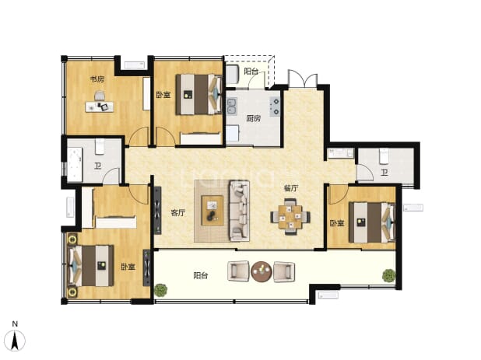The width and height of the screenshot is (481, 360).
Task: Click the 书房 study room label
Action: (x=97, y=79)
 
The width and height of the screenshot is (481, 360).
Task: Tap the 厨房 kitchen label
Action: (x=254, y=118)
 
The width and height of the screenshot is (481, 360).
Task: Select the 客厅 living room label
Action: (x=178, y=212)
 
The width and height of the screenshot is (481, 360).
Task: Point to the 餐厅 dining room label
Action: (x=291, y=188)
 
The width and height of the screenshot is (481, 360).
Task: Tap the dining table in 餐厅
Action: (x=290, y=217)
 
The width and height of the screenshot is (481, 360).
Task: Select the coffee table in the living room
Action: (x=212, y=211)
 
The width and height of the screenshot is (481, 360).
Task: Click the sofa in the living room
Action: (x=239, y=211)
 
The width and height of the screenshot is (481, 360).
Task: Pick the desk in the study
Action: (x=100, y=107)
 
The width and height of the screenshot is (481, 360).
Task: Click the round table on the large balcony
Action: (x=261, y=271)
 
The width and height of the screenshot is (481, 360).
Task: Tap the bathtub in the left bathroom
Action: (x=75, y=164)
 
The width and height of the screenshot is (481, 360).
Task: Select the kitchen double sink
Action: (x=232, y=106)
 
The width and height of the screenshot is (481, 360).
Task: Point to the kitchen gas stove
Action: (x=275, y=107)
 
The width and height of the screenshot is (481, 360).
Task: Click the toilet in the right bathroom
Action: (x=384, y=156)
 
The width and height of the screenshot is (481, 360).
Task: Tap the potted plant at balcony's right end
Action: (x=388, y=275)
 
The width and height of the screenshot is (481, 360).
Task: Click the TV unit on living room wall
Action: (x=157, y=211)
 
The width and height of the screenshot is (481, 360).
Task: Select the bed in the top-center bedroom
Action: (x=198, y=95)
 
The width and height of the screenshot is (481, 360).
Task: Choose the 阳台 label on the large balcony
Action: (x=201, y=276)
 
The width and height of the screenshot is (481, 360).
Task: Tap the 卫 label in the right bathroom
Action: (x=384, y=173)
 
